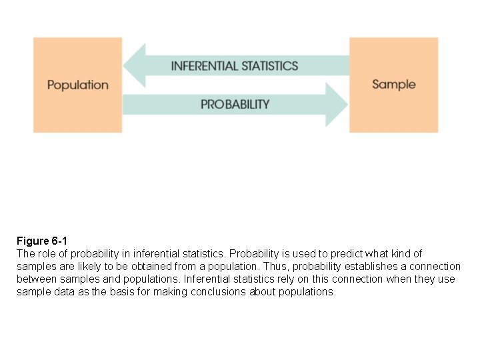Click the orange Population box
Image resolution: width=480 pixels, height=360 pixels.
(x=77, y=85)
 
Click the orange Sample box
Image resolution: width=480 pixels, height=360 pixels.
(x=393, y=84)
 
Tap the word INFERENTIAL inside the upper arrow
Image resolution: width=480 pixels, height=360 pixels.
(x=204, y=66)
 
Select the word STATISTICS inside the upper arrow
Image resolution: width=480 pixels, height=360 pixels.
(x=269, y=66)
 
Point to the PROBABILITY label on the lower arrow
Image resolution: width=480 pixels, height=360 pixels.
(x=235, y=104)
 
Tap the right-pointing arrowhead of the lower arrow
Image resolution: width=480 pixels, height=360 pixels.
(x=336, y=104)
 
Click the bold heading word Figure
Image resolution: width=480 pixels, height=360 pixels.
(x=33, y=241)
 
